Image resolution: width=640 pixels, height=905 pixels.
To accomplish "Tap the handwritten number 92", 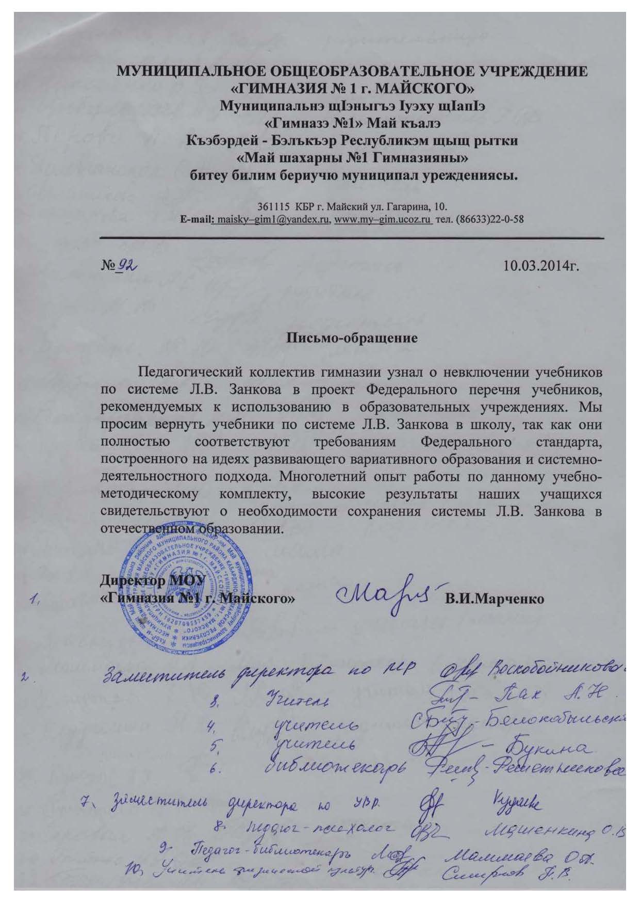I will pyautogui.click(x=126, y=265).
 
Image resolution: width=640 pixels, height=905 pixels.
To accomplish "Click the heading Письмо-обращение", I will pyautogui.click(x=351, y=339).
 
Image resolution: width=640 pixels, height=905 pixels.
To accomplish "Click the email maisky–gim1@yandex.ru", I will pyautogui.click(x=274, y=219).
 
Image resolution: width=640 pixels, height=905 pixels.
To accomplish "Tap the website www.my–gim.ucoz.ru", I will pyautogui.click(x=383, y=219).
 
